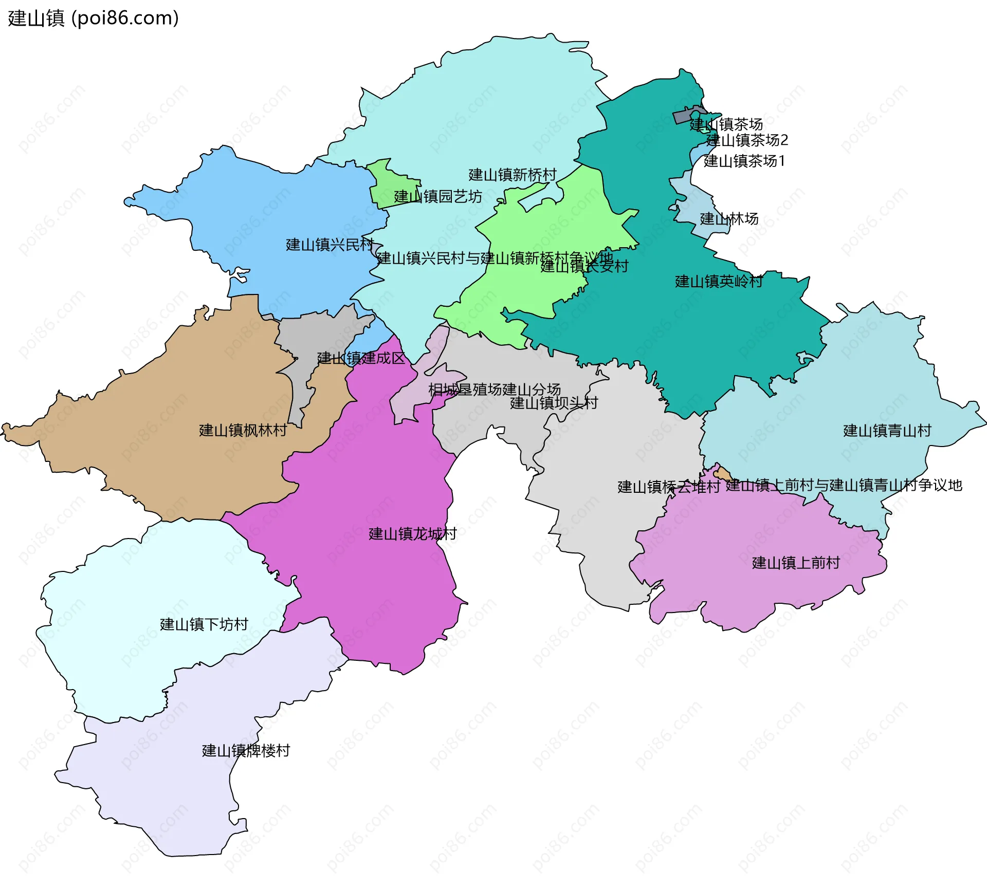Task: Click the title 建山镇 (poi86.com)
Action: [x=93, y=18]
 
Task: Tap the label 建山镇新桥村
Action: [x=512, y=175]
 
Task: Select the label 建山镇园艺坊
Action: [x=438, y=197]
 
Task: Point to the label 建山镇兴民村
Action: [x=330, y=245]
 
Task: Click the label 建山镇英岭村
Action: [x=719, y=282]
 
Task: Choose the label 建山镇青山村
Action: [x=887, y=431]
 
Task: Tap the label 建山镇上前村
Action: [x=796, y=563]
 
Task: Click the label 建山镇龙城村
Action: [x=412, y=534]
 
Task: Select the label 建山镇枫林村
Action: [x=243, y=431]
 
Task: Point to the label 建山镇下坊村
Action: [x=204, y=624]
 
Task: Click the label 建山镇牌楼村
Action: [x=246, y=751]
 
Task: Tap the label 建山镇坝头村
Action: [x=554, y=403]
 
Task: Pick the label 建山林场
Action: [x=729, y=219]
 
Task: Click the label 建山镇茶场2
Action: [x=747, y=140]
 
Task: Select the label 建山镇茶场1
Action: [x=744, y=161]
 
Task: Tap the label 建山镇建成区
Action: [x=361, y=358]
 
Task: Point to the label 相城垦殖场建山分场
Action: [x=494, y=390]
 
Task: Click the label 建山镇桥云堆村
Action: [x=668, y=487]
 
